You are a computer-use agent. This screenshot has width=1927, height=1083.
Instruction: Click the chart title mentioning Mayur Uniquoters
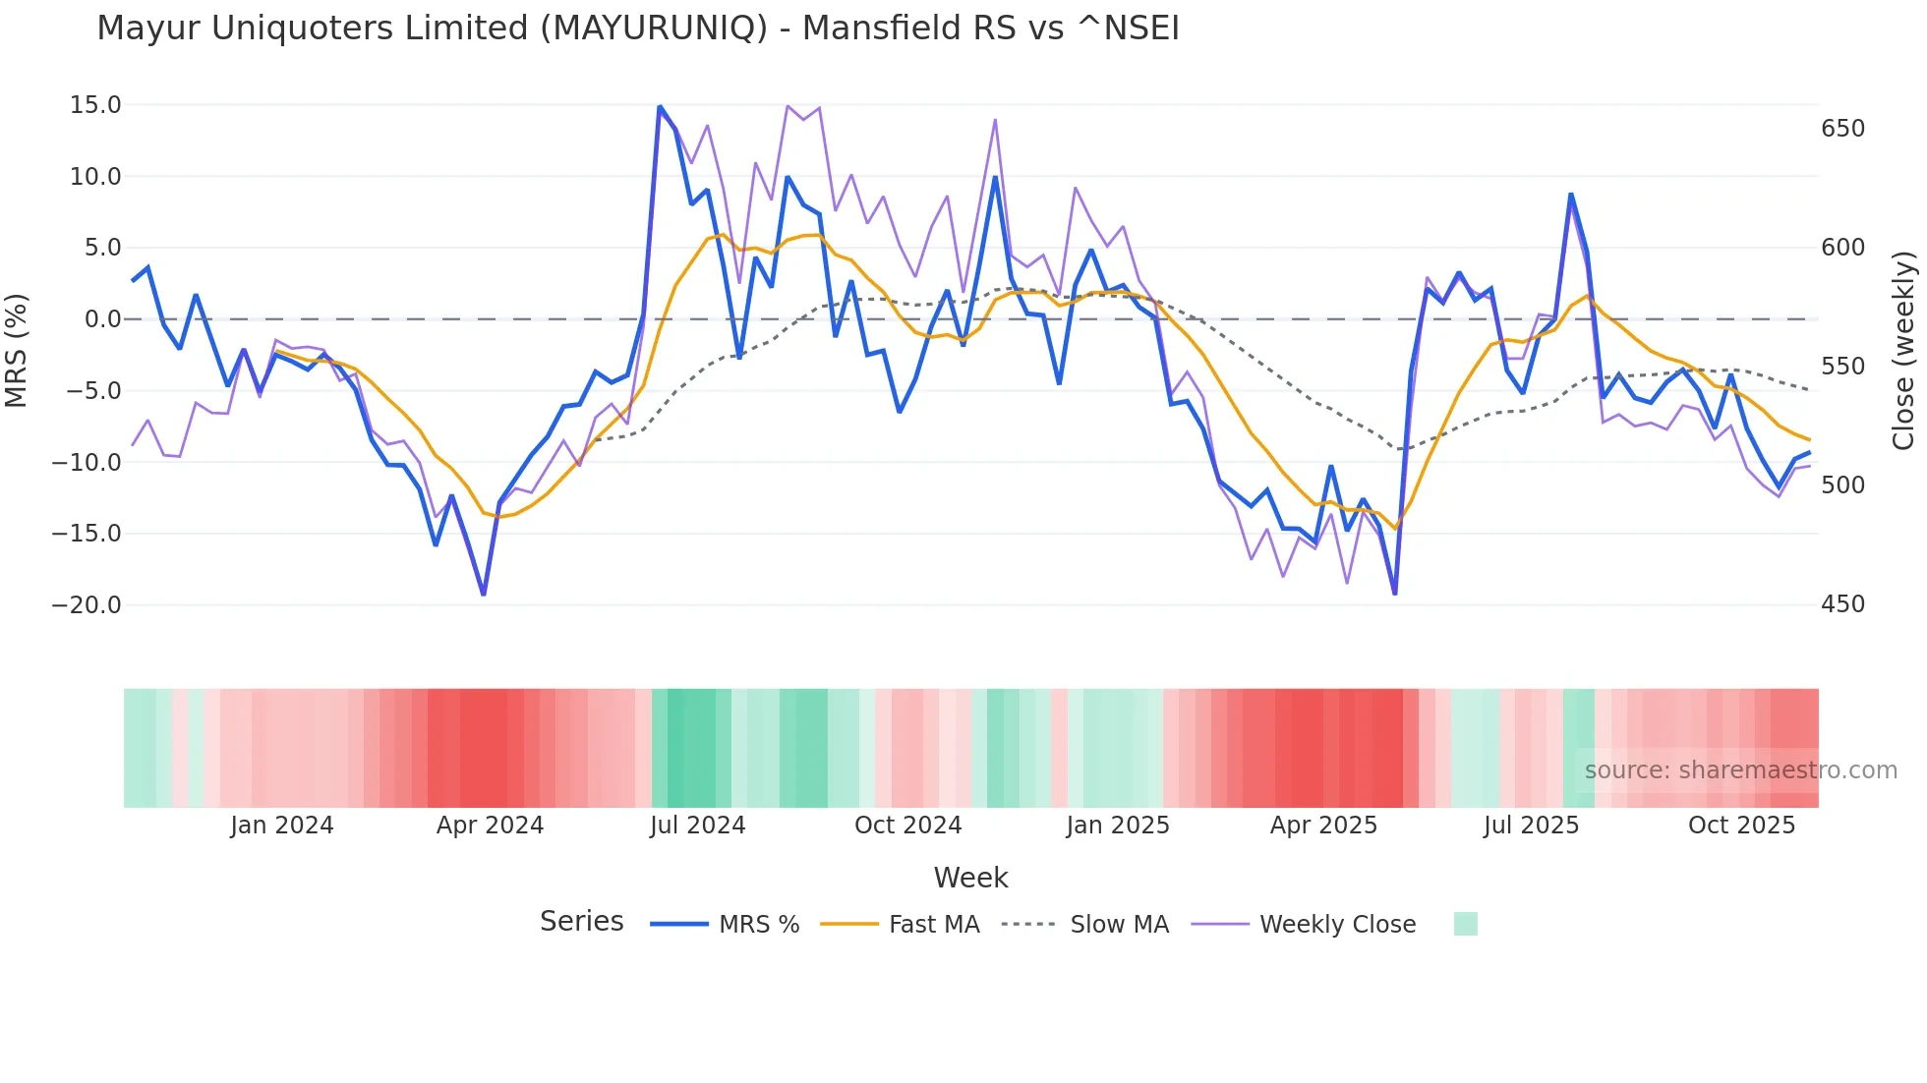637,28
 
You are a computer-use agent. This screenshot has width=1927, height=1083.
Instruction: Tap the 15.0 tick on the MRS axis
95,105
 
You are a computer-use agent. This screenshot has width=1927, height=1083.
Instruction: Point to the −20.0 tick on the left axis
87,605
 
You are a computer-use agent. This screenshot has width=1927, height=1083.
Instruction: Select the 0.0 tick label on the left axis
102,319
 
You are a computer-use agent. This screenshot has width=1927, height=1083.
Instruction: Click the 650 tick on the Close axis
1842,129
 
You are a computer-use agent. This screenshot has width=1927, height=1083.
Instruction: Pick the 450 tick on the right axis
1842,604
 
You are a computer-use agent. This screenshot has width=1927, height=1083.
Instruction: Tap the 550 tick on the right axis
1842,367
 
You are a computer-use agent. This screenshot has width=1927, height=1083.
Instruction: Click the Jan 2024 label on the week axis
282,826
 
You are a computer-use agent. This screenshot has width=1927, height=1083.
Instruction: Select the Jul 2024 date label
698,826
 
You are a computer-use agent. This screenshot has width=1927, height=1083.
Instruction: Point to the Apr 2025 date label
1323,826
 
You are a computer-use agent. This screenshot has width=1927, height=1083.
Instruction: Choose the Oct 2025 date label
1741,826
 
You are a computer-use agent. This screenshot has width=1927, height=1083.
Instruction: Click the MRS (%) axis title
16,351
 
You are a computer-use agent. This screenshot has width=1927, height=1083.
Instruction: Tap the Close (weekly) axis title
1904,351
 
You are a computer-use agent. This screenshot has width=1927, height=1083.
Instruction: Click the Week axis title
970,878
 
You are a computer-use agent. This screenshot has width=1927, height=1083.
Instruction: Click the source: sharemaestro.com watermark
1740,770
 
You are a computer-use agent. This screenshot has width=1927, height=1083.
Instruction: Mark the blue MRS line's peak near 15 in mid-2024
660,107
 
